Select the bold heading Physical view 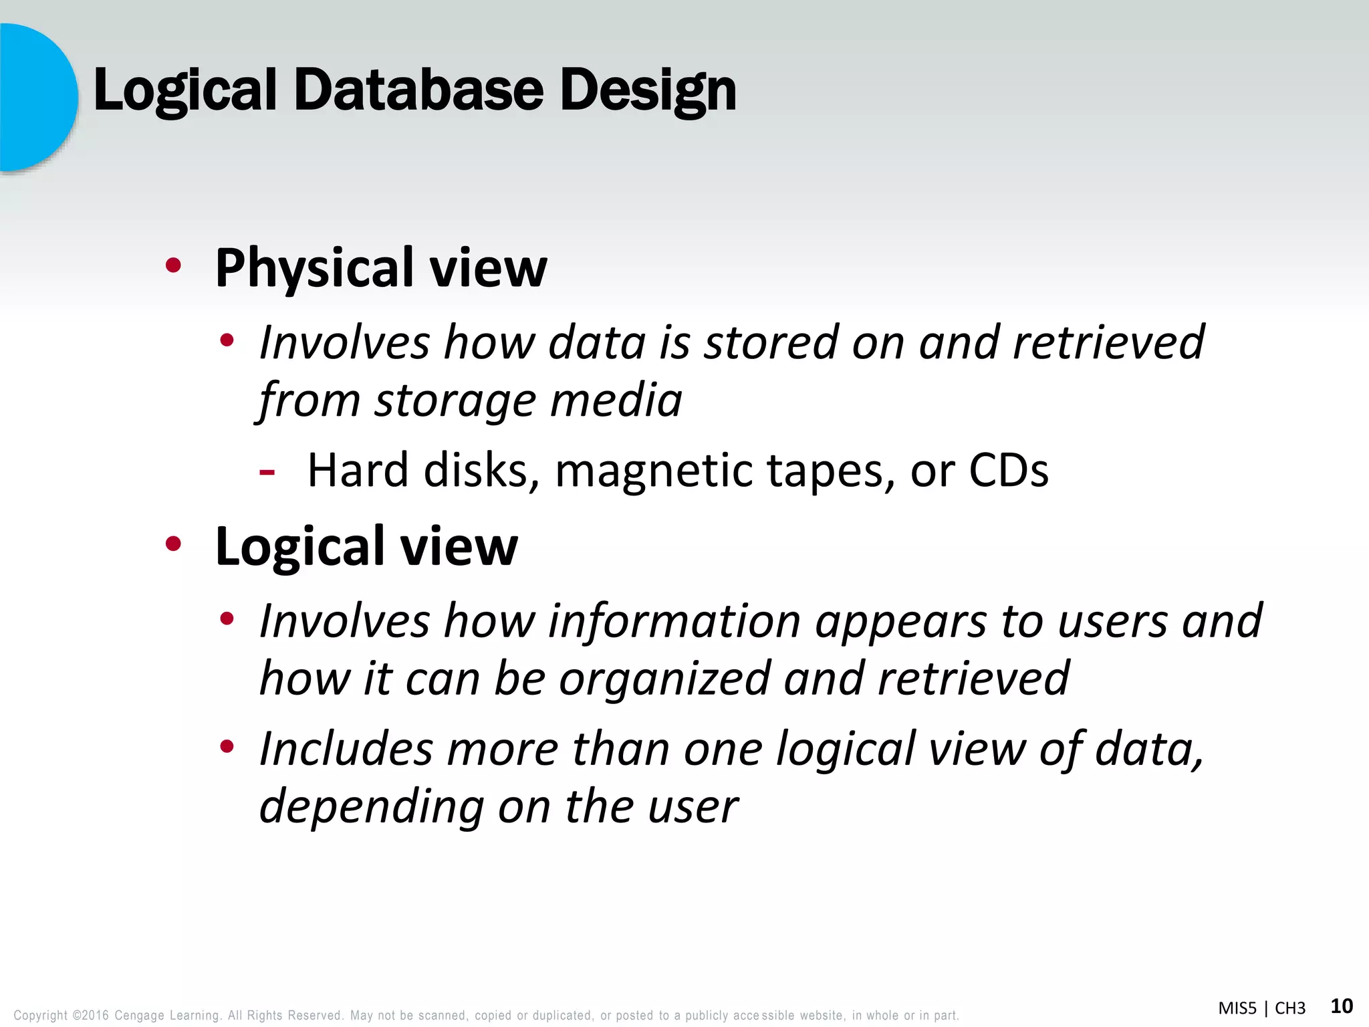click(x=381, y=267)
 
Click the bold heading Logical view click(x=366, y=546)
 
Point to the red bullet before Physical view click(x=173, y=266)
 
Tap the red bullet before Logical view click(x=173, y=544)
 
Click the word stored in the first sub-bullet click(x=771, y=342)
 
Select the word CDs click(x=1009, y=470)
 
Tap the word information click(x=674, y=621)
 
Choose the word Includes click(x=346, y=748)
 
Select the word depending click(x=371, y=806)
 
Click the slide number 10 click(x=1342, y=1006)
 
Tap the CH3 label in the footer click(x=1289, y=1008)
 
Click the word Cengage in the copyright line click(x=138, y=1016)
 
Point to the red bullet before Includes click(x=227, y=746)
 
